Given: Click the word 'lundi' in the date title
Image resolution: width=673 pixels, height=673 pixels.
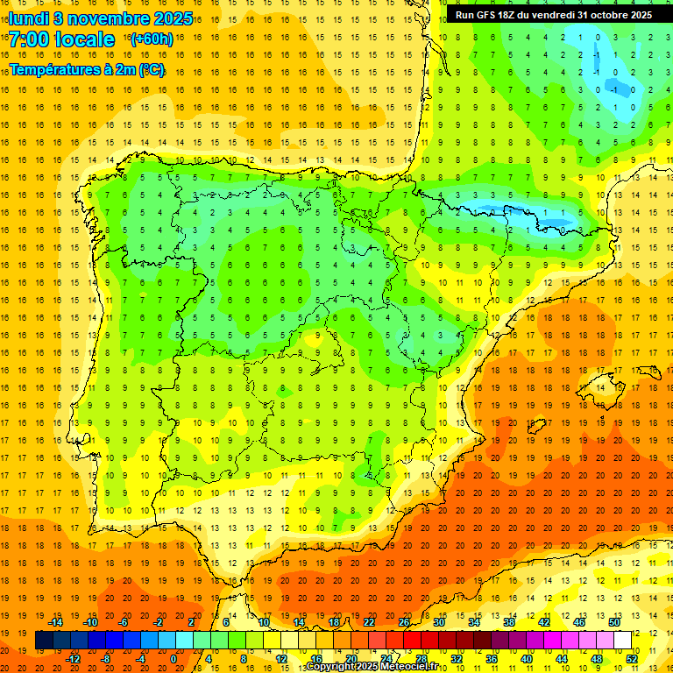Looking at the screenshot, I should point(29,18).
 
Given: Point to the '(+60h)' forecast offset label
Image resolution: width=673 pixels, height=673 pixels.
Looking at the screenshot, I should point(151,39).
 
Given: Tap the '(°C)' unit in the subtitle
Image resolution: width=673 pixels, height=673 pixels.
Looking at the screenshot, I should point(150,69).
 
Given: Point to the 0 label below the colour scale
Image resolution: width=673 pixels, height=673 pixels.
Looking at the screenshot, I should point(174,659).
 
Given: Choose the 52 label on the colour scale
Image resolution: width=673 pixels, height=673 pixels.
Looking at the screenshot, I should point(632,659).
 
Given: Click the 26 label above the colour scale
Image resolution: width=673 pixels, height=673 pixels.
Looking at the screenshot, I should point(403,622).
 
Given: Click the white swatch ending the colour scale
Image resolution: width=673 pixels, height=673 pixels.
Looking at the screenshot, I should point(622,641).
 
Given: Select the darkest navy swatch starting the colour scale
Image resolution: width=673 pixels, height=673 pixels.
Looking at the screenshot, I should point(44,641).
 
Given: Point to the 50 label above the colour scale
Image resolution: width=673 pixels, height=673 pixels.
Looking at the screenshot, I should point(613,622).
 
